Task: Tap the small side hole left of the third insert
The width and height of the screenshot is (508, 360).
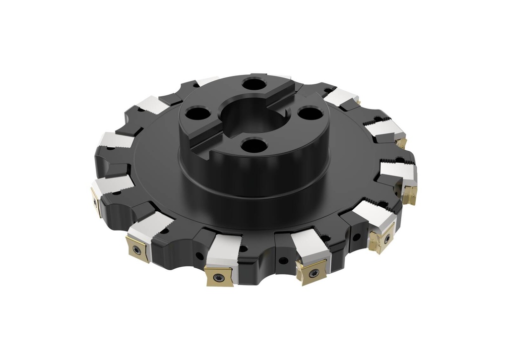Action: pos(199,256)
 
